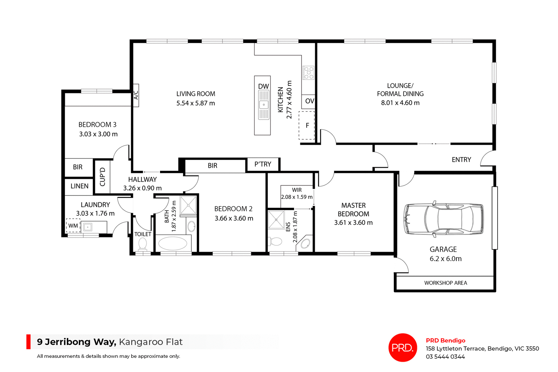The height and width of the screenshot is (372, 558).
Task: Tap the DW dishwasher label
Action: click(263, 86)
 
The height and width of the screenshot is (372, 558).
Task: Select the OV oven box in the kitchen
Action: click(309, 101)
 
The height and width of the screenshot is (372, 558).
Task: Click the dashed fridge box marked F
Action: click(307, 125)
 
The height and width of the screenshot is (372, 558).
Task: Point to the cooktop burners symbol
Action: click(308, 73)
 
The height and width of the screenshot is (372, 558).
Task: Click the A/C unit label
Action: click(136, 95)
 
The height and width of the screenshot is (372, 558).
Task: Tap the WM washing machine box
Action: click(73, 226)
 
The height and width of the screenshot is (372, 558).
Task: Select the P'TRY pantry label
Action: click(263, 164)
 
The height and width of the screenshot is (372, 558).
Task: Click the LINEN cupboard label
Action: click(79, 186)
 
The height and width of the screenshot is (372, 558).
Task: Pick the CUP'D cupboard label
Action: click(103, 177)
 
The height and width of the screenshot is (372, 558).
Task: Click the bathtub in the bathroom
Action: click(173, 243)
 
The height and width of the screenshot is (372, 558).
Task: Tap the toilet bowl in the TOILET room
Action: click(142, 243)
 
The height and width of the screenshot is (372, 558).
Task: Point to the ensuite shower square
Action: click(276, 220)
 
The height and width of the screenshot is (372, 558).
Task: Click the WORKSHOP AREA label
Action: click(445, 283)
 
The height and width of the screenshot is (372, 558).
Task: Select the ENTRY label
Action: click(461, 160)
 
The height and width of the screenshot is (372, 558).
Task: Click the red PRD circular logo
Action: click(403, 347)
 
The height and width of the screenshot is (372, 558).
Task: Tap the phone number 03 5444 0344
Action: click(445, 357)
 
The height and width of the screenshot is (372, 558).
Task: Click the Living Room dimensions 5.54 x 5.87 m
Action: click(196, 103)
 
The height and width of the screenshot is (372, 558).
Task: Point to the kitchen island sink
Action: click(264, 105)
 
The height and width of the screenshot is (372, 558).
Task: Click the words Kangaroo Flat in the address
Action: click(151, 342)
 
